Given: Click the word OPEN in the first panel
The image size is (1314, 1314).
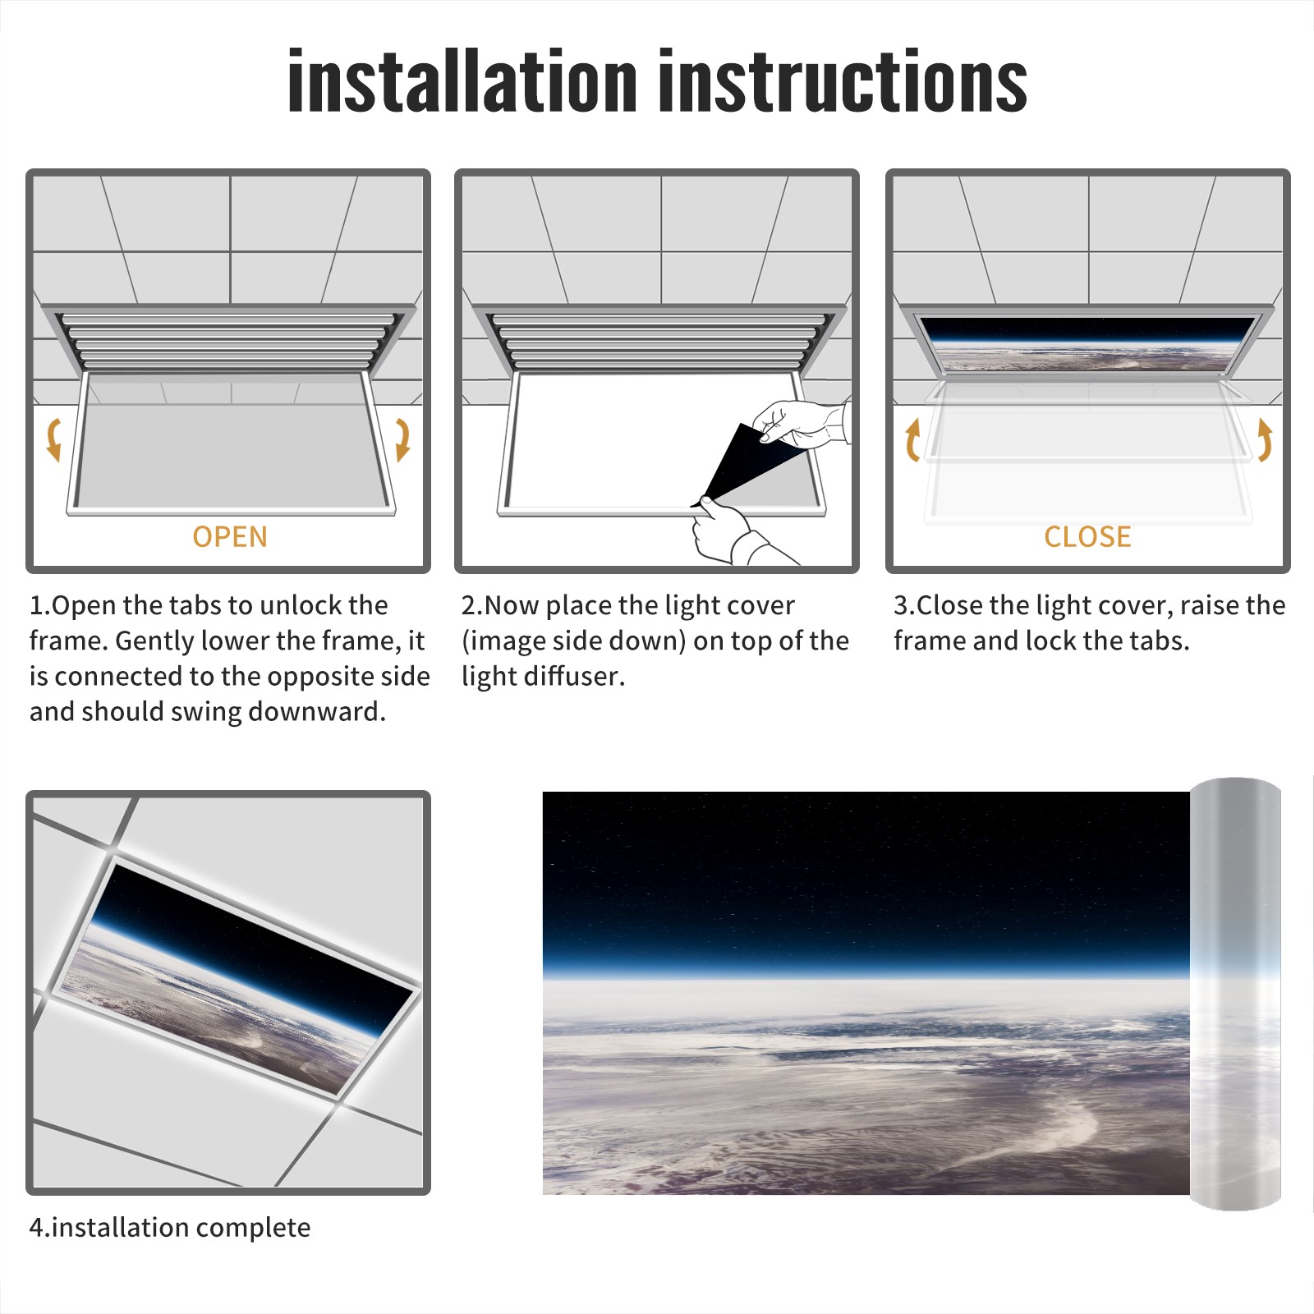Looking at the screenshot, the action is (230, 537).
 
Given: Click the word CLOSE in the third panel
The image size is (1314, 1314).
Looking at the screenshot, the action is (1087, 537).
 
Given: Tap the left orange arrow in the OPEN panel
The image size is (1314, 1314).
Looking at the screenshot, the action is (54, 439).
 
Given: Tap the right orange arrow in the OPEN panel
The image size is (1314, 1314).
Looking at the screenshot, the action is (402, 439).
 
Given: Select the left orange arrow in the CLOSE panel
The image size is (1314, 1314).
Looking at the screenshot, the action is (912, 439).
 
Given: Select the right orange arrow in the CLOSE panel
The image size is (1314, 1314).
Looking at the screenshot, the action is (1265, 439).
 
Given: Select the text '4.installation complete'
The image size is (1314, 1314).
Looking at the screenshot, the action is (170, 1228).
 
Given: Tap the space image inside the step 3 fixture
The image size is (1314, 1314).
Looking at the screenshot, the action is (1088, 343).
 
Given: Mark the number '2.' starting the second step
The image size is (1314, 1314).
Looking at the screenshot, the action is (472, 606).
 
